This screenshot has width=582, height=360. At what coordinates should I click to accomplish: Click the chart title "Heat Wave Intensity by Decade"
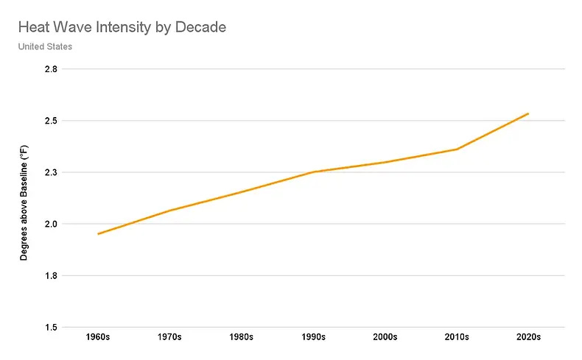(122, 29)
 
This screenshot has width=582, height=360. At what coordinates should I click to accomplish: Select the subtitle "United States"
(45, 47)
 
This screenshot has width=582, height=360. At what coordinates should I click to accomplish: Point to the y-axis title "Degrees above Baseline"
(24, 202)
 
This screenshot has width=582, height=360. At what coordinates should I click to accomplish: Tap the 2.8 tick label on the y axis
(52, 69)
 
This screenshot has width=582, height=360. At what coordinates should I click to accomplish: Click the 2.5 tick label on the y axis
(52, 121)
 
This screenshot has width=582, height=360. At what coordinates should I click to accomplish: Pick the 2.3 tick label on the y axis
(52, 172)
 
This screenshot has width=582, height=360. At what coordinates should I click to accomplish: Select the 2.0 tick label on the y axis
(52, 224)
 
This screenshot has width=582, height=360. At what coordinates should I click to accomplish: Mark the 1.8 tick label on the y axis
(52, 275)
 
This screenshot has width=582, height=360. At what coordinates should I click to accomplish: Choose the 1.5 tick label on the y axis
(52, 327)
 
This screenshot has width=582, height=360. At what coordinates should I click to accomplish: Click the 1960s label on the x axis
(98, 338)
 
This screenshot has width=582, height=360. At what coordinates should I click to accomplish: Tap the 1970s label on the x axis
(170, 338)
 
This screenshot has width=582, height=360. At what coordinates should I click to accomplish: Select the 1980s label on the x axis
(242, 338)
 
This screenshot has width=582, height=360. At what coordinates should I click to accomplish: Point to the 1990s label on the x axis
(314, 338)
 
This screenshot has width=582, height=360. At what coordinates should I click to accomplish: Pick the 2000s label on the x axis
(385, 338)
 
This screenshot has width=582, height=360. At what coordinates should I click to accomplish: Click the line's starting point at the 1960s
(98, 234)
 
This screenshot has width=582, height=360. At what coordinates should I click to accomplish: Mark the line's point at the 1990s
(314, 172)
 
